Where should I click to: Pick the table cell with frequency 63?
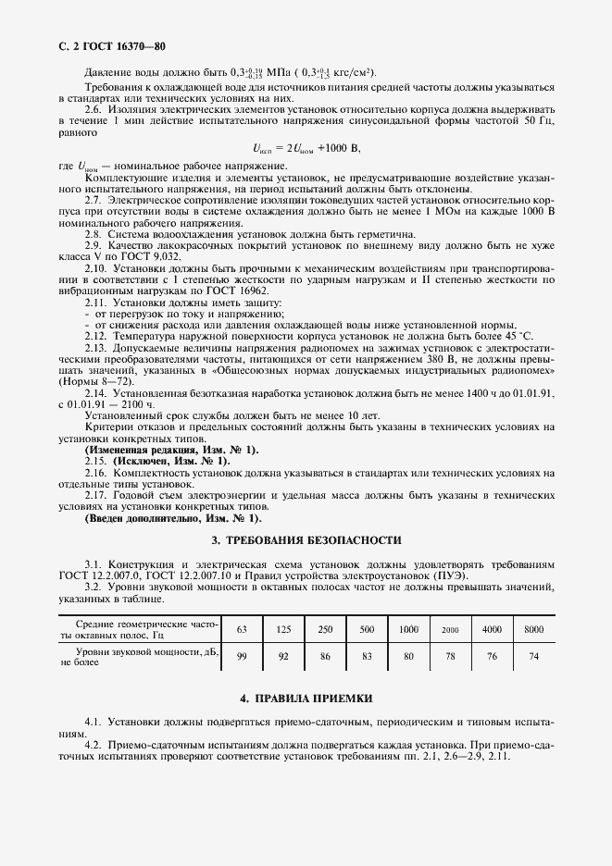pos(243,629)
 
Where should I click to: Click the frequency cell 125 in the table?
pos(283,629)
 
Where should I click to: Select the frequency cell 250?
pos(325,629)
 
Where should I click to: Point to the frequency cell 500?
pos(367,629)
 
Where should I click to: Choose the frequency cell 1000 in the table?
pos(408,629)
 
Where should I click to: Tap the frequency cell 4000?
pos(492,629)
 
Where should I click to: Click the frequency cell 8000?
pos(533,629)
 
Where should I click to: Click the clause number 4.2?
pos(94,746)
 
